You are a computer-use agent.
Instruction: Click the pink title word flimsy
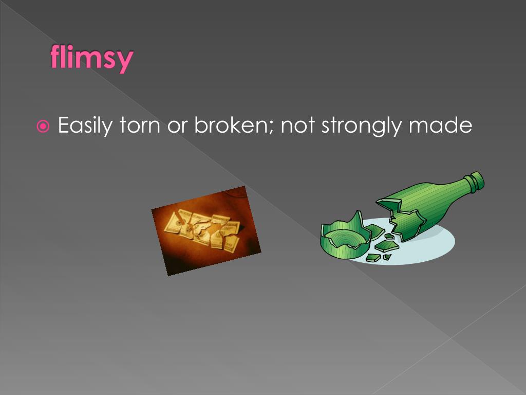91,58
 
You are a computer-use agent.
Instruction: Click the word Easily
84,126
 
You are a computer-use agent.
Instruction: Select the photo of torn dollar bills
206,231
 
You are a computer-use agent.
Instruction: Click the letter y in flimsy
123,62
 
